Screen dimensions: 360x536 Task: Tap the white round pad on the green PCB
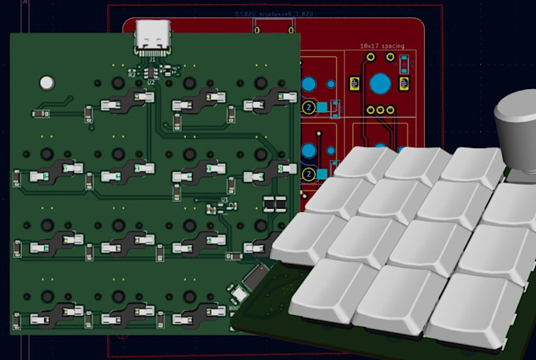(47, 82)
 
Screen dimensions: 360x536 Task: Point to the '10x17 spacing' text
(382, 46)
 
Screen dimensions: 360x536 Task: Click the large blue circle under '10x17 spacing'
(382, 84)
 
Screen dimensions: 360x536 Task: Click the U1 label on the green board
(224, 200)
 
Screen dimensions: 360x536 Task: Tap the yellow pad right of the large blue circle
(406, 84)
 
